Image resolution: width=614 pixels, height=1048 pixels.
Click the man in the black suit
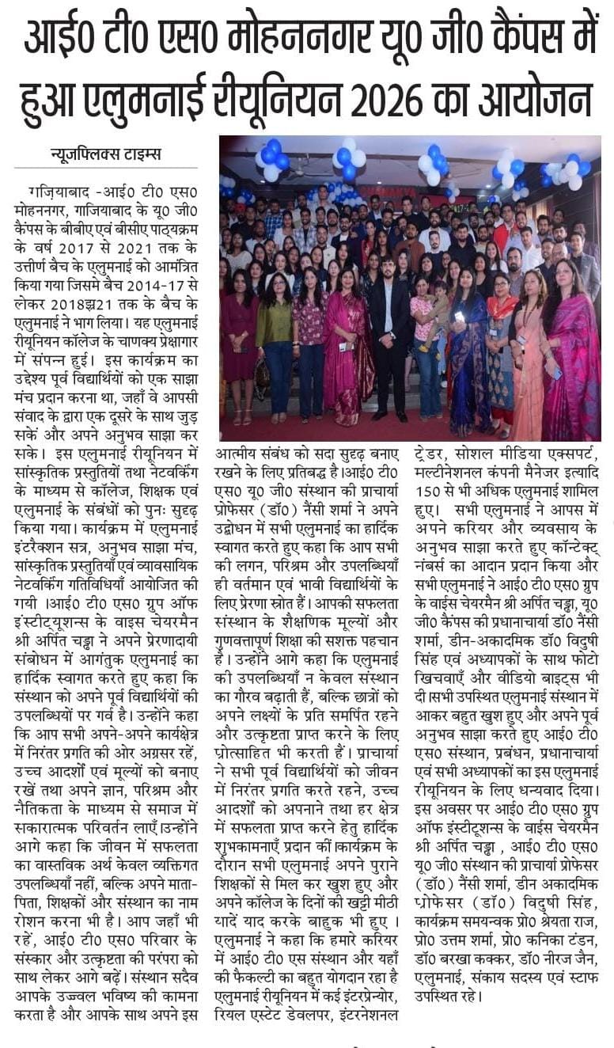pos(388,340)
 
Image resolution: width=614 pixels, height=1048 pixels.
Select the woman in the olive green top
pos(274,340)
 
